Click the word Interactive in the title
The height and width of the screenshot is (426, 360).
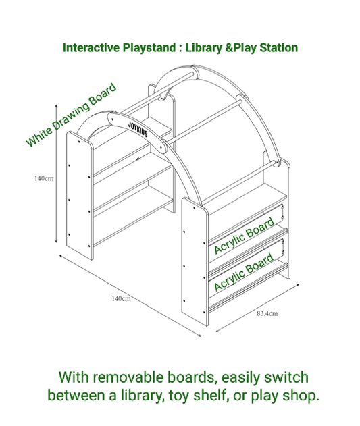pos(91,48)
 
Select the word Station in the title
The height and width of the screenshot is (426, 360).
pos(276,48)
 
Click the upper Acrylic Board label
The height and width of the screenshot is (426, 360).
pos(244,236)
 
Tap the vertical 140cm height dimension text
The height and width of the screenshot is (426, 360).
pos(44,178)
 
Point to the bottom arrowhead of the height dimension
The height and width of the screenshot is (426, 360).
pos(55,248)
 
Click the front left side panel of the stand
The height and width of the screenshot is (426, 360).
pos(79,196)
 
